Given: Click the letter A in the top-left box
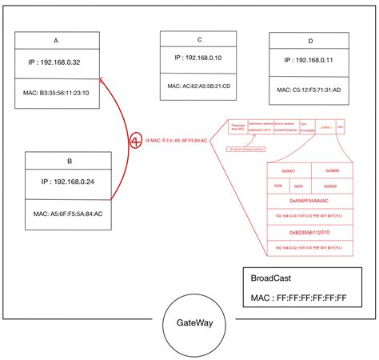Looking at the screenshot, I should (x=56, y=39).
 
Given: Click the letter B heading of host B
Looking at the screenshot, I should (x=70, y=161).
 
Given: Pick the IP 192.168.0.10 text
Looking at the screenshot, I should (x=198, y=58).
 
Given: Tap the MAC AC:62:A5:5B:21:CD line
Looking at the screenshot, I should (x=198, y=85).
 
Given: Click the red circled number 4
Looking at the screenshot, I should (x=137, y=141).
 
